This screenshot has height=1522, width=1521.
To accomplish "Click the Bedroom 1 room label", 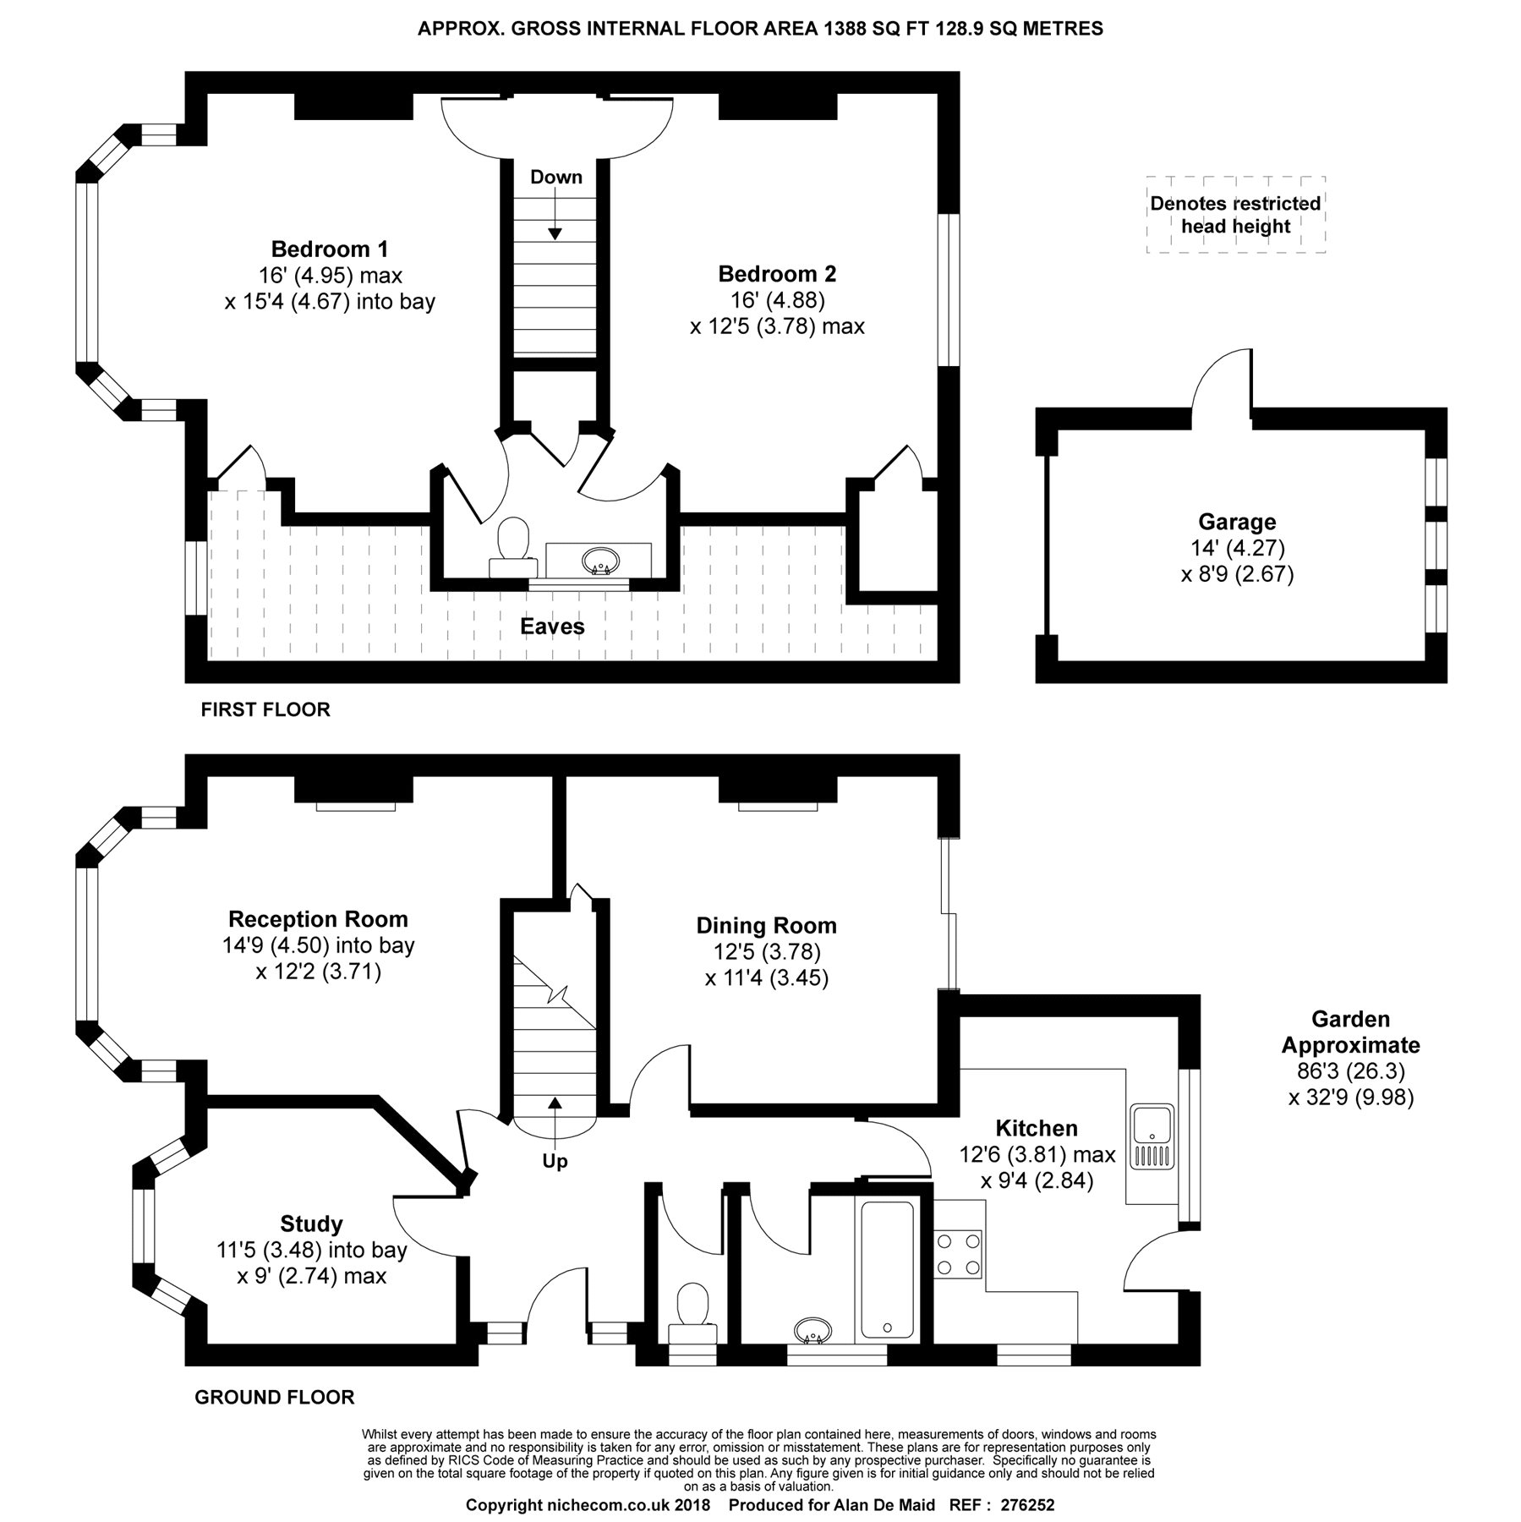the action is [x=330, y=249].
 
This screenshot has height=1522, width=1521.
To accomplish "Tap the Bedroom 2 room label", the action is [x=777, y=274].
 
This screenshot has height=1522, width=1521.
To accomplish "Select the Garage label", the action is [x=1237, y=522].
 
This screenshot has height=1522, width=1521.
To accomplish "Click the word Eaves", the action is [x=552, y=627].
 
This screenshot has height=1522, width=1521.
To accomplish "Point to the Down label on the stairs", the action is [x=555, y=177].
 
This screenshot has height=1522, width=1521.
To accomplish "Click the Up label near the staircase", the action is [x=555, y=1162].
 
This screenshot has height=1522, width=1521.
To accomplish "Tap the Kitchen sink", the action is [x=1151, y=1136].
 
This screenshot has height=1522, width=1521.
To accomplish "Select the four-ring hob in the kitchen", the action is [x=959, y=1254].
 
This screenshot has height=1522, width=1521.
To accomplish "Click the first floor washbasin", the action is [x=599, y=560].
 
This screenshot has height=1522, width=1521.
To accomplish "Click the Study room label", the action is [x=311, y=1224].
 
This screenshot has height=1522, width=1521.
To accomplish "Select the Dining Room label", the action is [x=766, y=926].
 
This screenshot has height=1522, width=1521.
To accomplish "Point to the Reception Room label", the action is [x=318, y=919].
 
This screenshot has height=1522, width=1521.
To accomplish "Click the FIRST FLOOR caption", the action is [x=265, y=709].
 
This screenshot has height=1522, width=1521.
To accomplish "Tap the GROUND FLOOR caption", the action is [x=275, y=1397].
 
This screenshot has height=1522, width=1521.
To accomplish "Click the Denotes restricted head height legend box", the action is [x=1235, y=215].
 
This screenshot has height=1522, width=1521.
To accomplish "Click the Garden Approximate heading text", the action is [x=1350, y=1032].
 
